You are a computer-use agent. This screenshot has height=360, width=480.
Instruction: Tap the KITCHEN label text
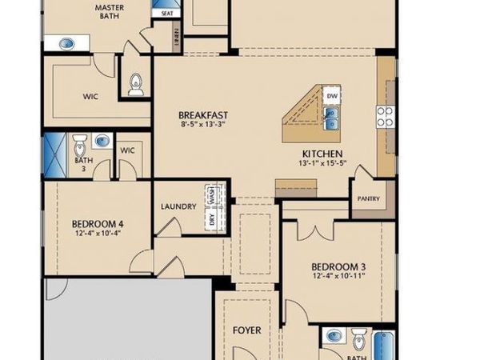click(322, 154)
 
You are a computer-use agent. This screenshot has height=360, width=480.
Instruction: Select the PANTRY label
click(369, 199)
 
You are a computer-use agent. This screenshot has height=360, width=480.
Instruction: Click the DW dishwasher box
click(333, 97)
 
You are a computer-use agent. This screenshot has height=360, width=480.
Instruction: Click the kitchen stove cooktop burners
click(385, 118)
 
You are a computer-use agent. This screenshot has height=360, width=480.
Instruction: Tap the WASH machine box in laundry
click(213, 194)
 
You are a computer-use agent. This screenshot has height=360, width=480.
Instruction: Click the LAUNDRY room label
click(178, 206)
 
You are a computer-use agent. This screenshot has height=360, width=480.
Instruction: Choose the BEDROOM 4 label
click(97, 223)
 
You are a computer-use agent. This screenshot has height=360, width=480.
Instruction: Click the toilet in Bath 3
click(80, 146)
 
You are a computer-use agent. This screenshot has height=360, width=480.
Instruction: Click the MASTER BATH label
click(108, 11)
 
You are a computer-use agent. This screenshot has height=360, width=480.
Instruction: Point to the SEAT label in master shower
click(168, 14)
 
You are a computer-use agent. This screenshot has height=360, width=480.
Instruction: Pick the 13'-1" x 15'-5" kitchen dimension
click(322, 163)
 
